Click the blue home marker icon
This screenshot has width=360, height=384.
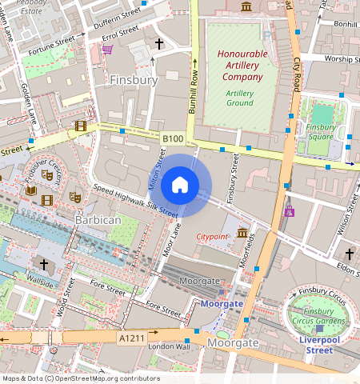click(180, 186)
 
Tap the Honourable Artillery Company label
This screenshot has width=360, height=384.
click(240, 66)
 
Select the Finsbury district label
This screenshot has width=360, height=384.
click(134, 80)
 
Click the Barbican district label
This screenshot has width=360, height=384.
click(97, 219)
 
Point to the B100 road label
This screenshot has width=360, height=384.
click(172, 139)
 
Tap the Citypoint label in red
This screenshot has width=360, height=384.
click(213, 237)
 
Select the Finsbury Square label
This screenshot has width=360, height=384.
click(321, 132)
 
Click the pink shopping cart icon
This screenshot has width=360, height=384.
click(107, 50)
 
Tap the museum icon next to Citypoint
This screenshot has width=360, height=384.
click(242, 233)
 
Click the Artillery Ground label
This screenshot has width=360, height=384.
click(240, 98)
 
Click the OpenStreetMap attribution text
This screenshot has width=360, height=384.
click(80, 378)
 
